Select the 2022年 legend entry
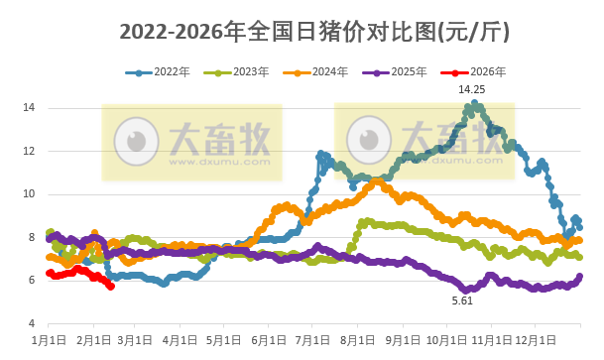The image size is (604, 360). [159, 71]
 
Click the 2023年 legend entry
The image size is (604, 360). [238, 71]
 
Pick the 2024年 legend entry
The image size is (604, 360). [315, 71]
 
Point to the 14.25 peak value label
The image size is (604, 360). [471, 89]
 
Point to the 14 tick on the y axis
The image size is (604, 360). [30, 107]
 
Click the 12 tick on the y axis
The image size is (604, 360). [30, 151]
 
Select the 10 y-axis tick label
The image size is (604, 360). [30, 193]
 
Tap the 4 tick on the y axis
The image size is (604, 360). [33, 323]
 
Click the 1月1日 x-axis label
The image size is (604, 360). [50, 340]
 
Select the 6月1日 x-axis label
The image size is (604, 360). [270, 340]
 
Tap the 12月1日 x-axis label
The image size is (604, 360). [534, 340]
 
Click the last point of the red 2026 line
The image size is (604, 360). [111, 287]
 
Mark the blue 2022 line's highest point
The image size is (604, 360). [475, 102]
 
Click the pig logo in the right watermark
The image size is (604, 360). [374, 139]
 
